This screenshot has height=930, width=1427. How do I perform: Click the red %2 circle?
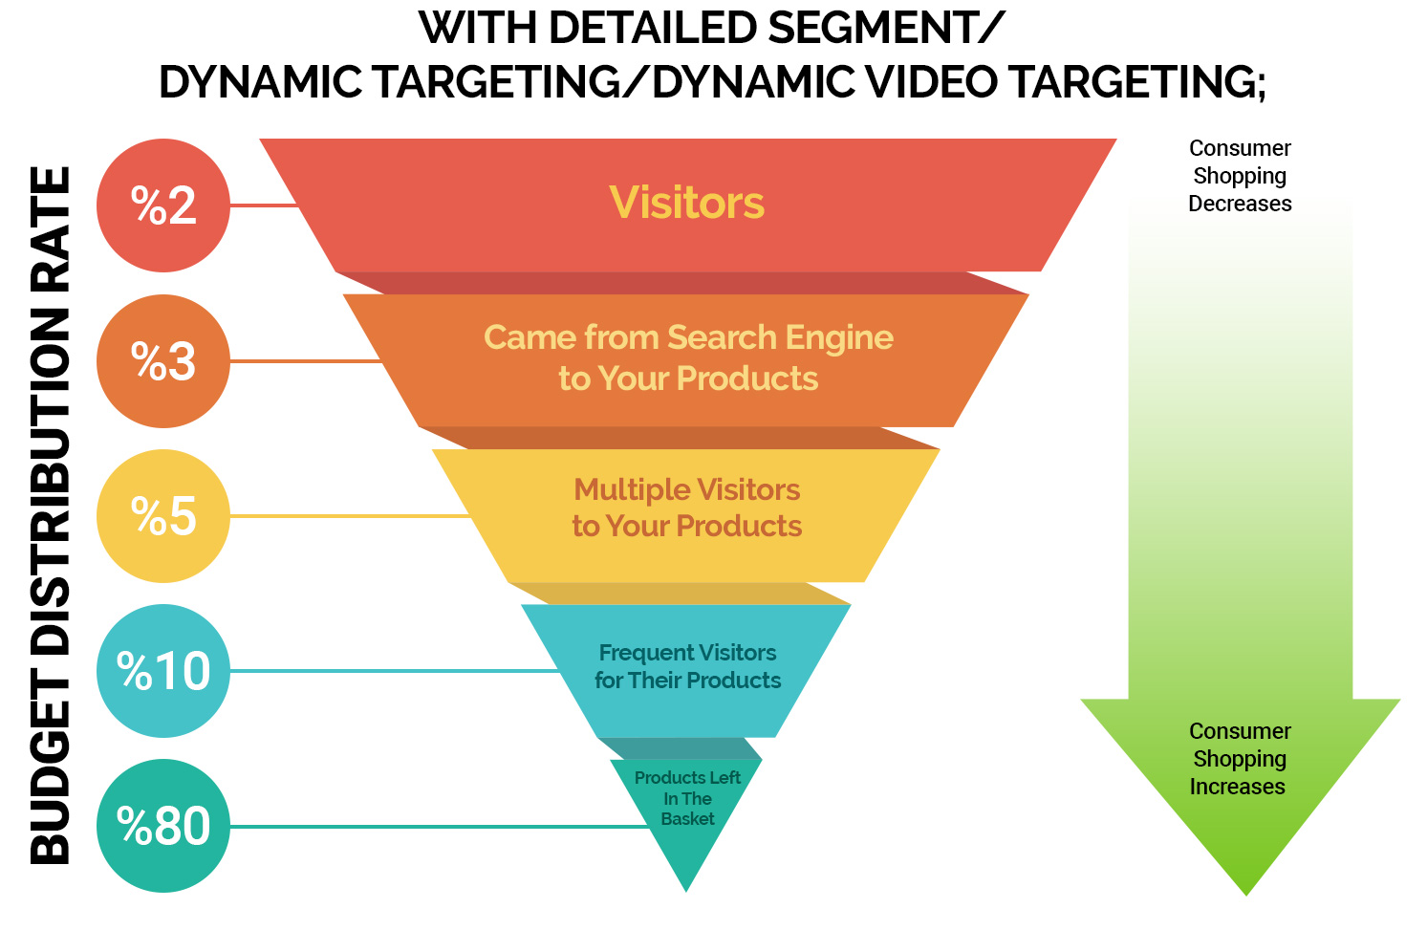pyautogui.click(x=163, y=205)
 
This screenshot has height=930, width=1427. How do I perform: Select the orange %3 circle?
pyautogui.click(x=163, y=361)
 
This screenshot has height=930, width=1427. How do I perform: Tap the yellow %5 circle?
pyautogui.click(x=163, y=516)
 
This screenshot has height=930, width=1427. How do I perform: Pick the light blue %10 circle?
pyautogui.click(x=163, y=671)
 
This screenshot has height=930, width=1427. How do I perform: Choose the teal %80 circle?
pyautogui.click(x=163, y=826)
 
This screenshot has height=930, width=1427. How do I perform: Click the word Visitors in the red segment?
pyautogui.click(x=687, y=203)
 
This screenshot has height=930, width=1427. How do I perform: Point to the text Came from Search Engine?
pyautogui.click(x=688, y=337)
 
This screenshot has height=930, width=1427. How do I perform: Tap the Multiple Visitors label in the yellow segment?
pyautogui.click(x=687, y=489)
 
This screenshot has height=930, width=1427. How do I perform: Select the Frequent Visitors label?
pyautogui.click(x=687, y=653)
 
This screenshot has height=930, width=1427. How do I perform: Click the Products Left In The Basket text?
pyautogui.click(x=687, y=798)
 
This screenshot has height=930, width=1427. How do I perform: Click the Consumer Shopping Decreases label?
pyautogui.click(x=1240, y=176)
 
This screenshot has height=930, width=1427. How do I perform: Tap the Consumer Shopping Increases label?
pyautogui.click(x=1240, y=759)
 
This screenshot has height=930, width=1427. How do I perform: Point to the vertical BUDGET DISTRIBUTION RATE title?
pyautogui.click(x=52, y=516)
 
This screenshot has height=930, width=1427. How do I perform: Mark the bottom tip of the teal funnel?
pyautogui.click(x=686, y=888)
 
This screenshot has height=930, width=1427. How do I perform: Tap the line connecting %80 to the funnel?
pyautogui.click(x=440, y=827)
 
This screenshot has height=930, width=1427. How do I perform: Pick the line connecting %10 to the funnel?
pyautogui.click(x=392, y=671)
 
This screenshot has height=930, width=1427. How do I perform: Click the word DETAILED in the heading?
pyautogui.click(x=652, y=29)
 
